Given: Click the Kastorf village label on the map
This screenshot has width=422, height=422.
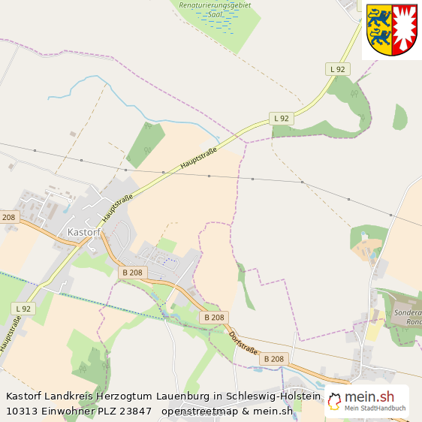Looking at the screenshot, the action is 83,233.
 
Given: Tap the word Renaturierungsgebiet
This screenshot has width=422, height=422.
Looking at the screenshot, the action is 216,5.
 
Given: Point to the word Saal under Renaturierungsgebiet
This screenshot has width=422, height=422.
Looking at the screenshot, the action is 215,14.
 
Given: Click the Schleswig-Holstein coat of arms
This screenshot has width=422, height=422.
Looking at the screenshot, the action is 391,30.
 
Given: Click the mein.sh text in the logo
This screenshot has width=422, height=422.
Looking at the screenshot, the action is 369,397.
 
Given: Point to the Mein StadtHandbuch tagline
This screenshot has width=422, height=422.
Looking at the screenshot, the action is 375,408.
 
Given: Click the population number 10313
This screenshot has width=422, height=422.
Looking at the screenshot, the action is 22,411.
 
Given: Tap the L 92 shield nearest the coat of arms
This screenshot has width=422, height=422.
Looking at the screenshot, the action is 338,69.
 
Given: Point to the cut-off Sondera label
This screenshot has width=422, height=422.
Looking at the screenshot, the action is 408,312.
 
